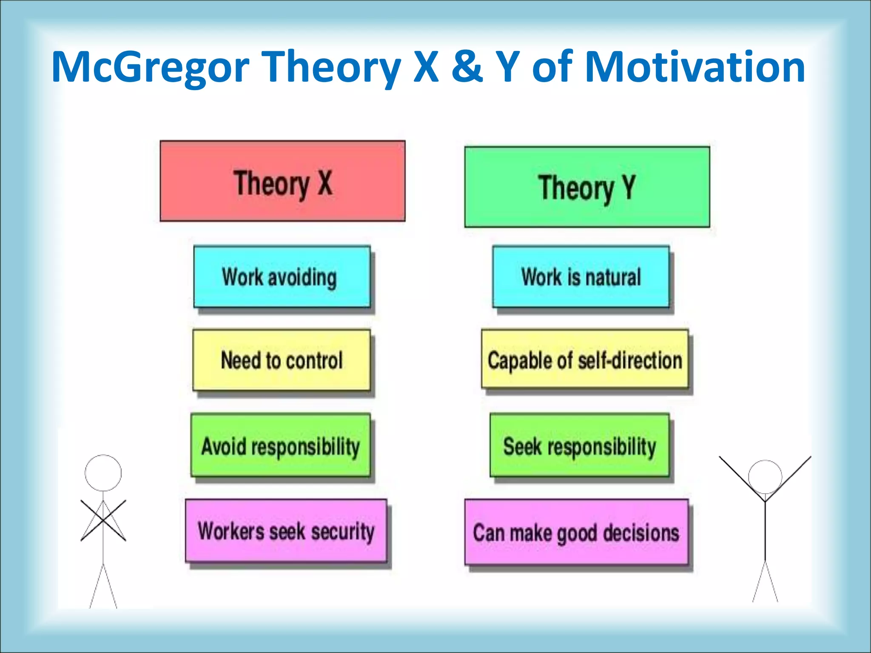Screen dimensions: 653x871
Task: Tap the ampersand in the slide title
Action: click(467, 66)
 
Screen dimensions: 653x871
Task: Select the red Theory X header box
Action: click(282, 181)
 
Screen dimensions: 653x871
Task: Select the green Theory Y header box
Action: click(587, 187)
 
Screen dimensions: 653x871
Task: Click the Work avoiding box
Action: click(282, 277)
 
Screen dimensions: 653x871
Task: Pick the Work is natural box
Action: click(581, 277)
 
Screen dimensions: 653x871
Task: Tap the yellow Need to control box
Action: click(281, 360)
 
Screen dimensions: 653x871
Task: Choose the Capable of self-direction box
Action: click(585, 360)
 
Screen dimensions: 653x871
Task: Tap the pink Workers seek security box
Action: click(286, 531)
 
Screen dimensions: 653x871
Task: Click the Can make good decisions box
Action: click(576, 532)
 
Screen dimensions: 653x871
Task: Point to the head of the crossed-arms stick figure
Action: click(103, 473)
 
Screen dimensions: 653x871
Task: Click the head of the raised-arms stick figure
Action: click(765, 477)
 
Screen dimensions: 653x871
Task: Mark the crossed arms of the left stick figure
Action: click(103, 520)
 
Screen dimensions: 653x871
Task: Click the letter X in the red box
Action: click(325, 183)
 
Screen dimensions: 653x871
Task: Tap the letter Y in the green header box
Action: click(629, 187)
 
